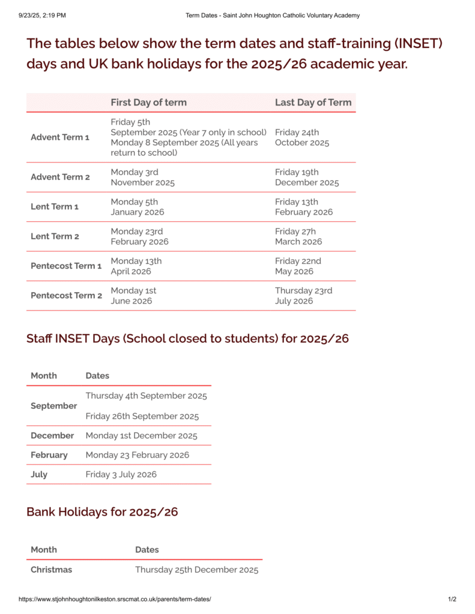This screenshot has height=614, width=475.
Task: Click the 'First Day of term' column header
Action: [x=148, y=103]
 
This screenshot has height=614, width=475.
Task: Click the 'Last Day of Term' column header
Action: [x=313, y=103]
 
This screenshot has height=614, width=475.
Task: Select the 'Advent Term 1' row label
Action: [x=60, y=137]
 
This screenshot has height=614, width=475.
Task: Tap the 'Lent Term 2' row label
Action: [x=55, y=236]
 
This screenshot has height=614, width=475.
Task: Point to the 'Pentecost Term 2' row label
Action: [x=66, y=296]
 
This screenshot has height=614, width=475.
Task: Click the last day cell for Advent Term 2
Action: [x=307, y=177]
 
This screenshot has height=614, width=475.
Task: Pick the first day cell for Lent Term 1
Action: [x=137, y=207]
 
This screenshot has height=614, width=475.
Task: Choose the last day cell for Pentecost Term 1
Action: [x=298, y=266]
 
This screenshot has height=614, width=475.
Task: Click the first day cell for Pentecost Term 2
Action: [x=133, y=296]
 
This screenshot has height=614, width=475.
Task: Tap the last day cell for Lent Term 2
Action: [x=298, y=236]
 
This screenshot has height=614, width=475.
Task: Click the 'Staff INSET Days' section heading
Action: [x=187, y=338]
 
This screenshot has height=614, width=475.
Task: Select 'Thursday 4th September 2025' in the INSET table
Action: [x=146, y=396]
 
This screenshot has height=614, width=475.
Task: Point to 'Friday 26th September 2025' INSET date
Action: [x=142, y=416]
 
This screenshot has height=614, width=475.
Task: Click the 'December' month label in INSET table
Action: [x=52, y=436]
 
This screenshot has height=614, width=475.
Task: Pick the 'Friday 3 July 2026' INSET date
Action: [x=121, y=474]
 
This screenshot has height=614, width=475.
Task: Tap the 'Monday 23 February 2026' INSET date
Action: [x=137, y=455]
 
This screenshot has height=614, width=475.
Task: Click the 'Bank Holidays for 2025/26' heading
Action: [x=102, y=511]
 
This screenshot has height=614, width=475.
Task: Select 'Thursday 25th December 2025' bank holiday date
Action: [x=196, y=570]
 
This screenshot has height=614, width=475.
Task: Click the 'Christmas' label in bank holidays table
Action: [x=51, y=570]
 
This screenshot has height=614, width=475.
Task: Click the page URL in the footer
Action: [x=115, y=599]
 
